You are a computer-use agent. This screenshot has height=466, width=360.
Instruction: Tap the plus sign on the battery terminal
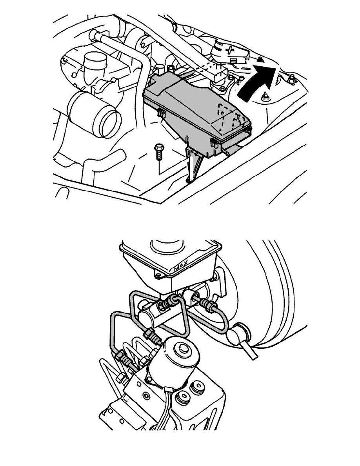[229, 50]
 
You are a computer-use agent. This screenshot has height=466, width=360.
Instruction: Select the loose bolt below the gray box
[158, 152]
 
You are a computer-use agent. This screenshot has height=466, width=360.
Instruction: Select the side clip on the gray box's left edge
[161, 113]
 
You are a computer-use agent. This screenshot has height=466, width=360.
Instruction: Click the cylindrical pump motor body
[174, 361]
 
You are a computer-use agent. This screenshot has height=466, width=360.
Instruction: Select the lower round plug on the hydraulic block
[183, 398]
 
